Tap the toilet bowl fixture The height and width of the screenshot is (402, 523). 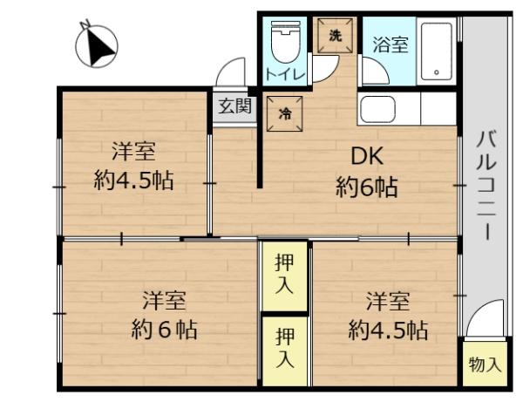[286, 42]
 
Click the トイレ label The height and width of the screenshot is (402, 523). [285, 74]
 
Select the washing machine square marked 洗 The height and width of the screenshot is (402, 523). [335, 36]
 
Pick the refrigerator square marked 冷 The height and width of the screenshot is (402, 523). [284, 113]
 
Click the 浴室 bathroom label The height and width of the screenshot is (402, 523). [391, 44]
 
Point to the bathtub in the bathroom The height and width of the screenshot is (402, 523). [437, 51]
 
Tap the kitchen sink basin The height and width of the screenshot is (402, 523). [377, 109]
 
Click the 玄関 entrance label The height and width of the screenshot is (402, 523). [234, 106]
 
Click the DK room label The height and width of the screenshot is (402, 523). [367, 156]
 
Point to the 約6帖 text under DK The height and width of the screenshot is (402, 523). [367, 187]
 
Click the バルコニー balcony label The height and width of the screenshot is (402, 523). [487, 186]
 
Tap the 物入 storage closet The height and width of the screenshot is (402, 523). [485, 364]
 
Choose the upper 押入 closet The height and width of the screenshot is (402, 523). [284, 276]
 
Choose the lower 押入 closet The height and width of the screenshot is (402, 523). [284, 351]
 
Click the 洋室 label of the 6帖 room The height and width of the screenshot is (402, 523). [164, 300]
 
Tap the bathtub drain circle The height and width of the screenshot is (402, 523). [437, 72]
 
